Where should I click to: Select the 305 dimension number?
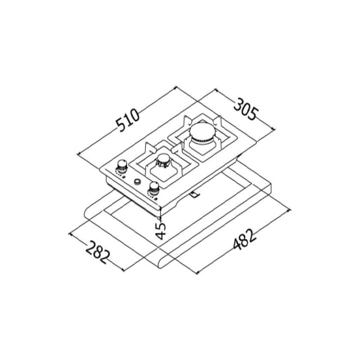pos(245,109)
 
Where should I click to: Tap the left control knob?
pos(121,165)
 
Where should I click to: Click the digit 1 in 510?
pos(129,121)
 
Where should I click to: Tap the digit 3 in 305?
pos(238,103)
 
